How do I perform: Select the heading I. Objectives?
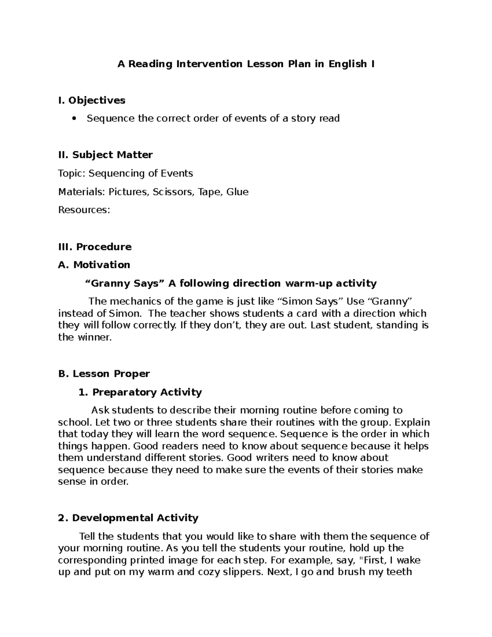click(92, 100)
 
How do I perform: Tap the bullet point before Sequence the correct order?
click(74, 119)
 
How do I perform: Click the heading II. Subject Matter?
click(105, 155)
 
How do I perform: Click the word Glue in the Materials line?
click(237, 192)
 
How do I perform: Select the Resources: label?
click(84, 210)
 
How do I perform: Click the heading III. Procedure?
click(95, 247)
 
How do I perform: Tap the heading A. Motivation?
click(94, 265)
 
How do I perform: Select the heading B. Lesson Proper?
click(104, 374)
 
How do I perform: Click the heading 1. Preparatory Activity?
click(140, 393)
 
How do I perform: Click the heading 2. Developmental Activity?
click(128, 518)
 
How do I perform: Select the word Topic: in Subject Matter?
click(72, 174)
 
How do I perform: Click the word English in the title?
click(347, 64)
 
